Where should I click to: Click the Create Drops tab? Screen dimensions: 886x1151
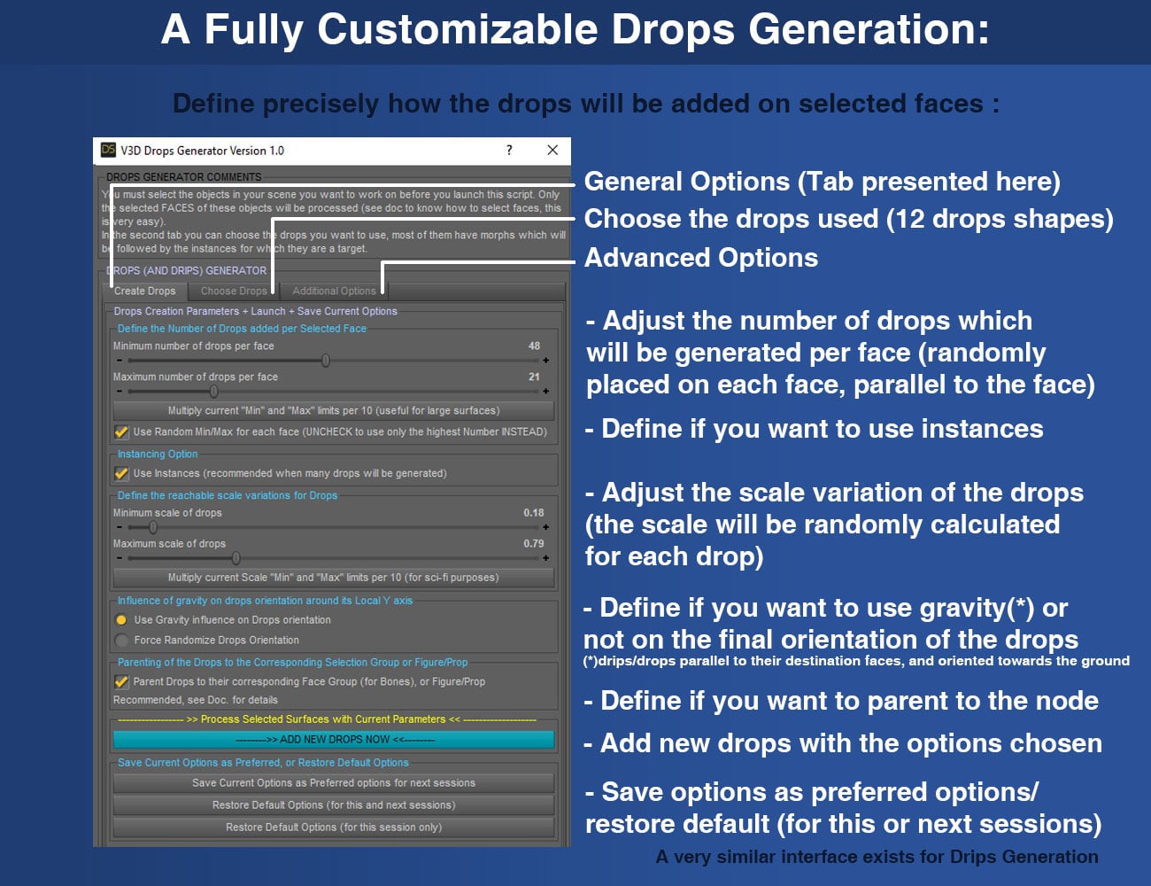145,291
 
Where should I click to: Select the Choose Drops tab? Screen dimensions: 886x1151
233,291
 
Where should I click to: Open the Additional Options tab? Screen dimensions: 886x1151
334,291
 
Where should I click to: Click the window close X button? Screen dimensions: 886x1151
552,150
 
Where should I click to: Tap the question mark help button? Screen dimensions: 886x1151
509,150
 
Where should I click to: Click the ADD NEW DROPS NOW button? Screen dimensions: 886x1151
334,739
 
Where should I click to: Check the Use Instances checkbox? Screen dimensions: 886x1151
122,473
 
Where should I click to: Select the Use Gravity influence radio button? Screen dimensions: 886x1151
122,620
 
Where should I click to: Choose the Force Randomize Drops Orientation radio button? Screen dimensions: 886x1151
122,640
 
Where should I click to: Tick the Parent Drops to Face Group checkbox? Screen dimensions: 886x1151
122,681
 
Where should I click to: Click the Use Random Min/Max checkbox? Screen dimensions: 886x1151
122,432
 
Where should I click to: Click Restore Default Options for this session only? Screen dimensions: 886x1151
334,827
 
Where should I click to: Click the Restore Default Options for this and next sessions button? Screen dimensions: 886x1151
334,804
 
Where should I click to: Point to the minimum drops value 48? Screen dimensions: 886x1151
534,346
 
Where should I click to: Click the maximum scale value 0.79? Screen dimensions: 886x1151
533,543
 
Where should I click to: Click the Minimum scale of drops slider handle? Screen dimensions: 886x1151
153,527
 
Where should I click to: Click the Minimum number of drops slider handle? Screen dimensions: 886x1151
326,361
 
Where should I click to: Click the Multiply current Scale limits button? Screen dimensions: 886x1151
334,577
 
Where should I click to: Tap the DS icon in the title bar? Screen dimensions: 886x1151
108,150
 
